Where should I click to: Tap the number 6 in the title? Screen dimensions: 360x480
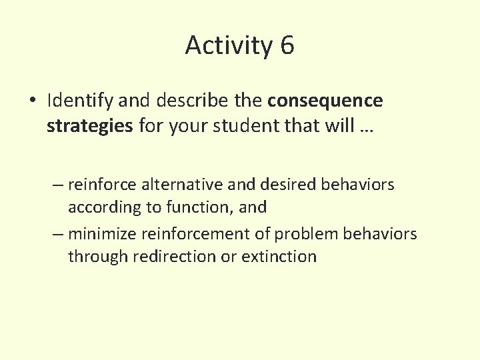point(287,45)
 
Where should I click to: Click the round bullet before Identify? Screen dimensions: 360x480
point(33,101)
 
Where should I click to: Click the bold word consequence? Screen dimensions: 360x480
point(325,101)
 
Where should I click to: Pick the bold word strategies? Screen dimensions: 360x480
point(90,127)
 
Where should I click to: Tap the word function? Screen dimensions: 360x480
point(199,207)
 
